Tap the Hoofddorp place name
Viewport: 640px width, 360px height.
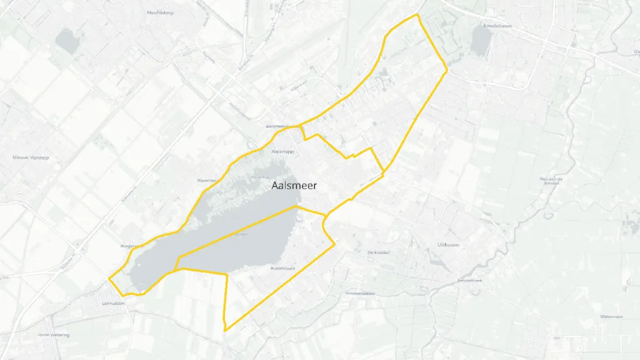(x=160, y=12)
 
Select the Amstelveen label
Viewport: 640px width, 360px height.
(x=497, y=26)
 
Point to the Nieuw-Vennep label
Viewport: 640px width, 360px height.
(x=30, y=157)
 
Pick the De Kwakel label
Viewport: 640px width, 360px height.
(x=378, y=252)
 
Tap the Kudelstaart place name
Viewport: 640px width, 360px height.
(x=282, y=268)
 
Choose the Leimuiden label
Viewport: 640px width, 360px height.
(x=113, y=303)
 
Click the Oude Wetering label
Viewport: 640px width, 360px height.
(x=53, y=335)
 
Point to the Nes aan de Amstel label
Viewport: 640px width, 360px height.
(x=552, y=181)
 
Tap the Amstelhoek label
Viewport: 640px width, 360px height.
(x=469, y=281)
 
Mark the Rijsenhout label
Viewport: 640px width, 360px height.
(x=207, y=180)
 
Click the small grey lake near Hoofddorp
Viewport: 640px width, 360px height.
(x=66, y=41)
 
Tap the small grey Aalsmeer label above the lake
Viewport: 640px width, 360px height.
(x=283, y=151)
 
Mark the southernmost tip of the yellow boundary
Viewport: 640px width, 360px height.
(x=224, y=330)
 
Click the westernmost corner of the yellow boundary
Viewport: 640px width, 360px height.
(x=109, y=277)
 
